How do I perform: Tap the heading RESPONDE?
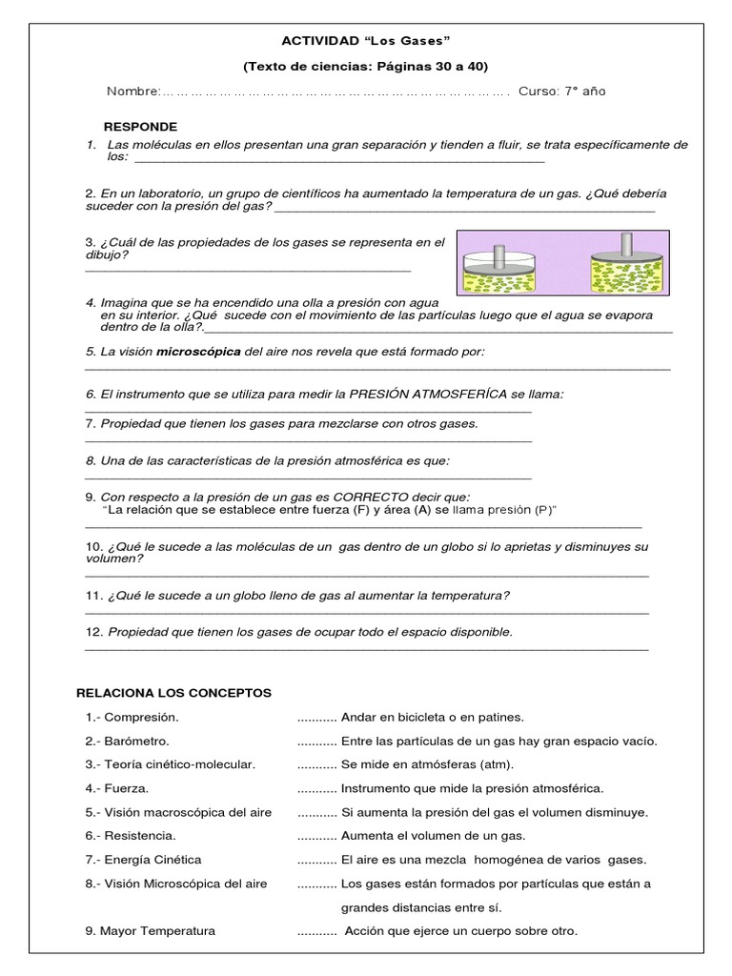(140, 127)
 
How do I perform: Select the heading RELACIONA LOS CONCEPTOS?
(173, 693)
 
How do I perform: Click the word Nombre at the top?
(132, 91)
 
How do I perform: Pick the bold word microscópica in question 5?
(198, 352)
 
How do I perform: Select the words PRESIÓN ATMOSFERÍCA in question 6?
(428, 394)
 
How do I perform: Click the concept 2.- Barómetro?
(129, 741)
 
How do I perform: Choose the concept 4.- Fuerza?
(117, 788)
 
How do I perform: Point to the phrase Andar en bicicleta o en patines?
(432, 717)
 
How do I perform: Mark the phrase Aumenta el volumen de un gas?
(433, 836)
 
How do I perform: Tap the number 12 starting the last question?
(93, 632)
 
